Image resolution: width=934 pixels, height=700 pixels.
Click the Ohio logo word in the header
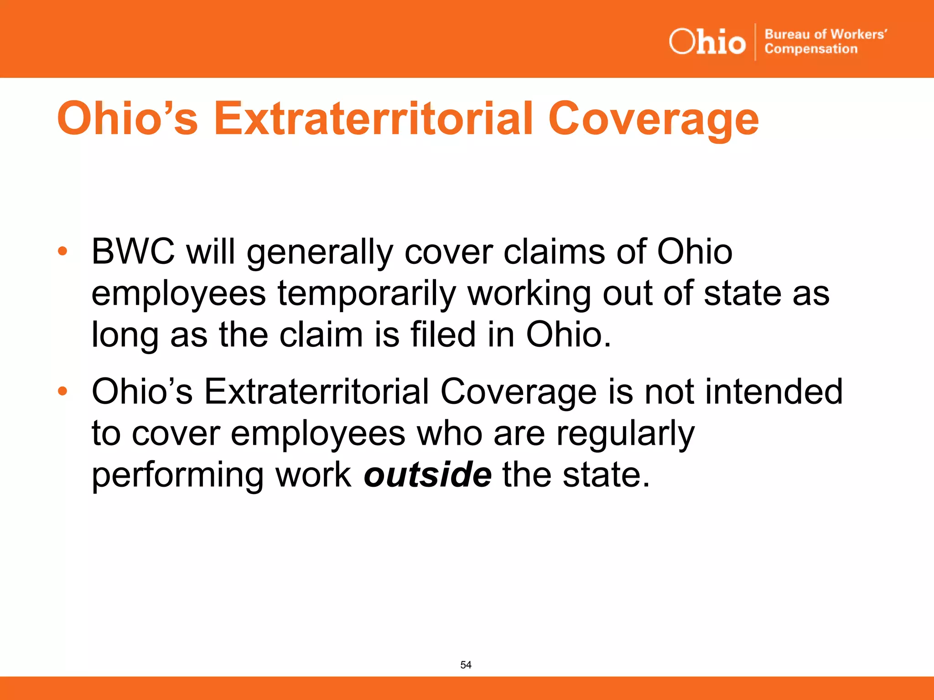pos(707,42)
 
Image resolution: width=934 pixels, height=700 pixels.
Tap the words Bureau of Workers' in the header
pos(825,34)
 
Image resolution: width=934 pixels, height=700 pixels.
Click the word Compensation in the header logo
pos(811,49)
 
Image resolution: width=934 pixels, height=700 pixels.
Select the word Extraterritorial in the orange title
pos(374,119)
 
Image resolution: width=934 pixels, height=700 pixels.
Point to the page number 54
pos(466,665)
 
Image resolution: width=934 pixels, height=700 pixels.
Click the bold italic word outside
pos(428,474)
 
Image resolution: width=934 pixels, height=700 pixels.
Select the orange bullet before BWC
pos(62,251)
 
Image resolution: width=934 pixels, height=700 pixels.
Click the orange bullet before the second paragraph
pos(62,391)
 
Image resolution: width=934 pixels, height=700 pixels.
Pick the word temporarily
pos(367,294)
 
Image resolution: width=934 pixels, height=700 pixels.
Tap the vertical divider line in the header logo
pos(755,42)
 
